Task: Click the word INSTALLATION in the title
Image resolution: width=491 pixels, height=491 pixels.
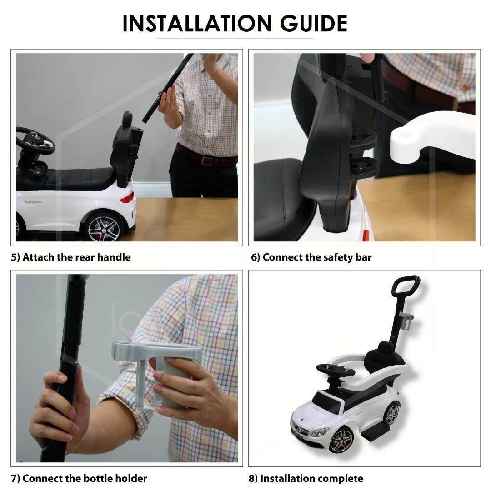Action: click(x=197, y=24)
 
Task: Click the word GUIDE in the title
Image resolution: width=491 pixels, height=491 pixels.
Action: click(x=313, y=24)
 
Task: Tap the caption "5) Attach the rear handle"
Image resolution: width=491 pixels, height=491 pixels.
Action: click(x=71, y=257)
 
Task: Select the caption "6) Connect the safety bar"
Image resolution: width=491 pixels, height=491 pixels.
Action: click(x=311, y=257)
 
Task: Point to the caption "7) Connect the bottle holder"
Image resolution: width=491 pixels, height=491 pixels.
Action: click(x=79, y=478)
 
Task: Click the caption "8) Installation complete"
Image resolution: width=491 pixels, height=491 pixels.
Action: click(x=306, y=478)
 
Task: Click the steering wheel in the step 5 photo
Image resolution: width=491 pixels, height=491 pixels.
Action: click(x=35, y=140)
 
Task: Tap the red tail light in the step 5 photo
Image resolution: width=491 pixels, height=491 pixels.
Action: click(x=128, y=197)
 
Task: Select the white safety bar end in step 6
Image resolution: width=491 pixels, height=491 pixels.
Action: click(x=432, y=137)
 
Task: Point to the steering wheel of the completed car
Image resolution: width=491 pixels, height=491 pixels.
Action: click(x=336, y=370)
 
